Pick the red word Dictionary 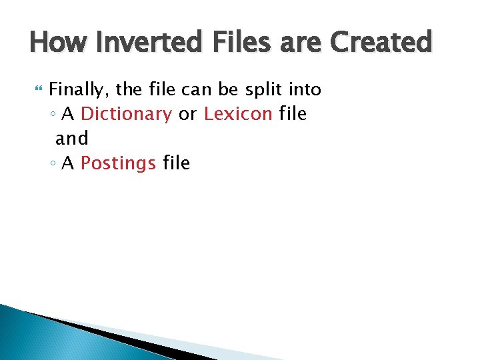[126, 114]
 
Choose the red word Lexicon [238, 114]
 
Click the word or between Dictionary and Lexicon [187, 115]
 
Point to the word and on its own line [71, 139]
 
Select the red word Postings [118, 163]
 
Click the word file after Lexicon [293, 114]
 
